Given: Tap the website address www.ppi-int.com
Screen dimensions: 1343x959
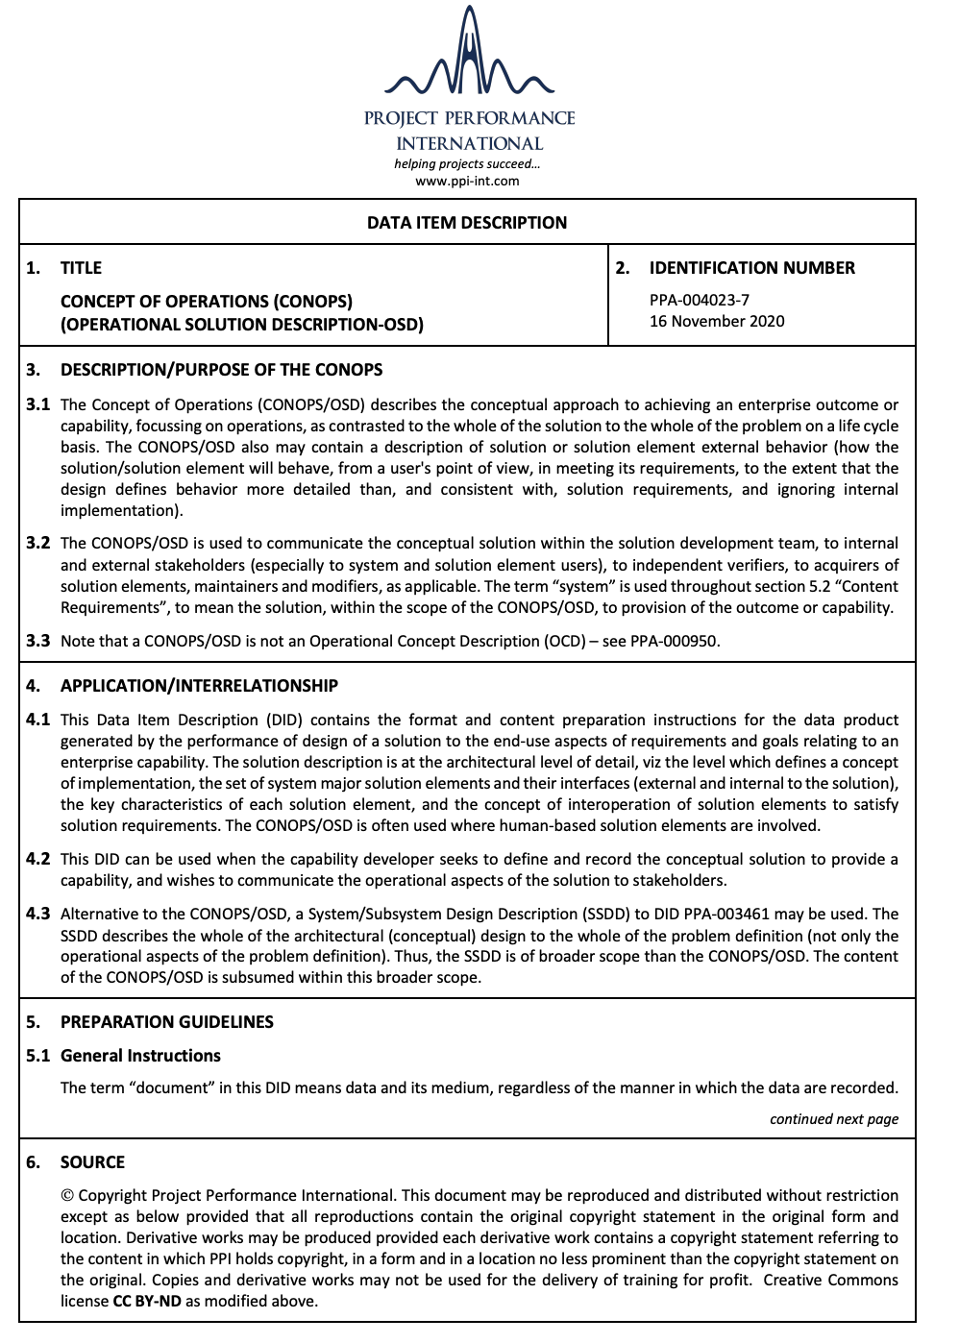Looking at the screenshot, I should (467, 181).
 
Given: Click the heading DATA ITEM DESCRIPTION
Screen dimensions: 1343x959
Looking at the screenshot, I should (467, 223).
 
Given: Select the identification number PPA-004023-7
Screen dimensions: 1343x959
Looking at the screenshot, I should (700, 300).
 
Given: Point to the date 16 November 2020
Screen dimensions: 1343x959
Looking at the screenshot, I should (717, 321).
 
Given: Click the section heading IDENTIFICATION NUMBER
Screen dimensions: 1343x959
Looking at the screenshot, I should (751, 268).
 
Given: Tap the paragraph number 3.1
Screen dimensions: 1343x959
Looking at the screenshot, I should (38, 404).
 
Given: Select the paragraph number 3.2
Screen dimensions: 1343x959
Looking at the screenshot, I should (38, 543).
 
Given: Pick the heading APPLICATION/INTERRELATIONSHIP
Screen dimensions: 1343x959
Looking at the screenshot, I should (199, 686).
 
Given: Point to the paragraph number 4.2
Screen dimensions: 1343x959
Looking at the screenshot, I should (38, 859).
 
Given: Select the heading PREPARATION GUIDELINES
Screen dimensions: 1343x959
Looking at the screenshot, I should (167, 1022).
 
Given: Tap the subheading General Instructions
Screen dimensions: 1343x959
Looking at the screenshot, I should (140, 1056).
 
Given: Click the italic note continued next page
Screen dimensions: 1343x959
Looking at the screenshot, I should (833, 1119).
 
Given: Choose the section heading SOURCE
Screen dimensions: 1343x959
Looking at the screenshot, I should (92, 1162).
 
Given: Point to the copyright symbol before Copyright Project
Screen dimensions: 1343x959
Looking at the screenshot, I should (67, 1196).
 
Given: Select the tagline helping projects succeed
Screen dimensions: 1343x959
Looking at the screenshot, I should (467, 163).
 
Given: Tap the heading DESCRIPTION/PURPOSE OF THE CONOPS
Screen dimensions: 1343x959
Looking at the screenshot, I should (221, 370).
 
